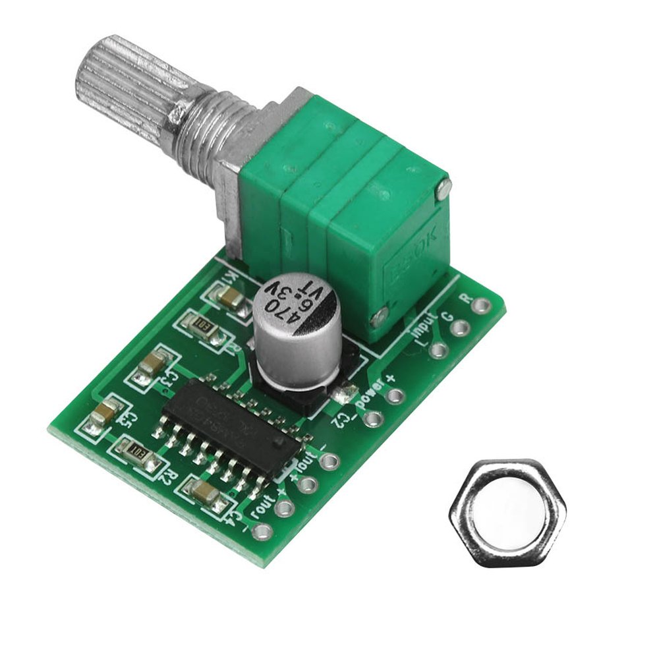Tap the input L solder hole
[438, 350]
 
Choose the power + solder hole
[394, 396]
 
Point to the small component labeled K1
[230, 299]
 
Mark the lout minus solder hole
[332, 461]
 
